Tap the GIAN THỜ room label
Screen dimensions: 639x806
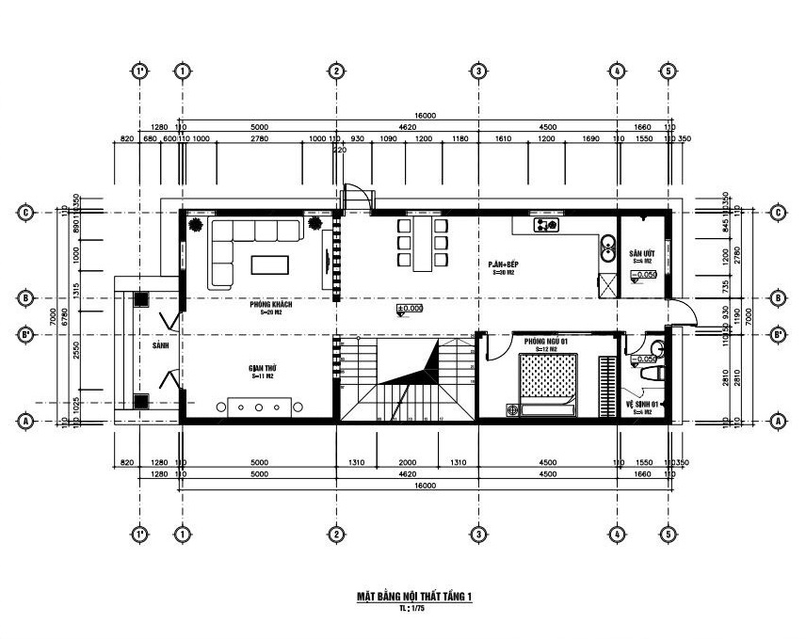point(261,369)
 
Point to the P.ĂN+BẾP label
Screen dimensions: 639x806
point(504,265)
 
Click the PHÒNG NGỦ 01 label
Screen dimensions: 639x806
point(544,341)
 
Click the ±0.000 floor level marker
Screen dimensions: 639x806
point(411,308)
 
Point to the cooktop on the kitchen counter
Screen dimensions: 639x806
point(546,225)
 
